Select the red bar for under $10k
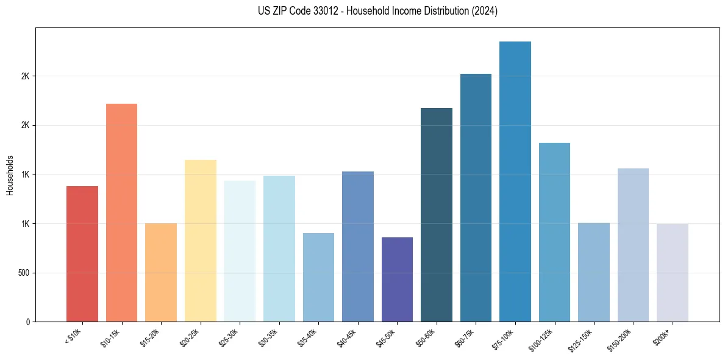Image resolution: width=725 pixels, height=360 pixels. (82, 254)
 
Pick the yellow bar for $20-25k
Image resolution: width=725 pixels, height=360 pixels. (201, 240)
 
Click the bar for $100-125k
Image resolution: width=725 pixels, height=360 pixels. (554, 232)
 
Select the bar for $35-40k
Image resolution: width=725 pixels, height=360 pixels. (318, 277)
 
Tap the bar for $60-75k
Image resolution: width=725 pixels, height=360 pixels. (476, 198)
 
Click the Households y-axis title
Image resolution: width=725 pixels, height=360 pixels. (10, 175)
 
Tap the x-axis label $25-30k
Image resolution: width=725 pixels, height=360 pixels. (228, 337)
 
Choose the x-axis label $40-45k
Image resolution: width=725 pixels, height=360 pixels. (346, 337)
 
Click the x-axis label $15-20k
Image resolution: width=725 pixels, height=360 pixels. (149, 337)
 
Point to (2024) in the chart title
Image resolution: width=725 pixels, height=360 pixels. (485, 11)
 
